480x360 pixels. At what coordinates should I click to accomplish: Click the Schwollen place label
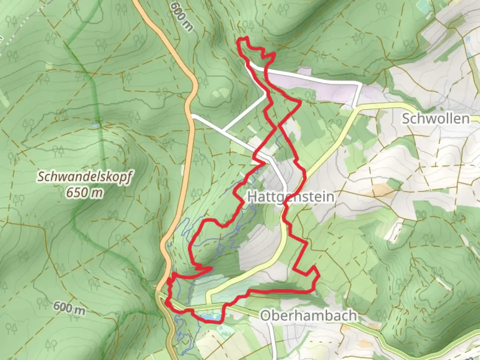[435, 118]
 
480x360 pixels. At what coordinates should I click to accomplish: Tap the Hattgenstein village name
[290, 196]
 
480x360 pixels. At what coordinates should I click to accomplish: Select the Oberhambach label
[308, 315]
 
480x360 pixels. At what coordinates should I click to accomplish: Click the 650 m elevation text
[84, 192]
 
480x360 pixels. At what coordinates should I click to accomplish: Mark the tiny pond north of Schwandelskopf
[96, 125]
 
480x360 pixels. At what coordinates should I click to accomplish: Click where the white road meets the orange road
[192, 116]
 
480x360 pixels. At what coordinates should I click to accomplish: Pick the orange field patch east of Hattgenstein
[380, 190]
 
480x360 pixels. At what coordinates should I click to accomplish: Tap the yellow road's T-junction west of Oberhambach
[207, 303]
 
